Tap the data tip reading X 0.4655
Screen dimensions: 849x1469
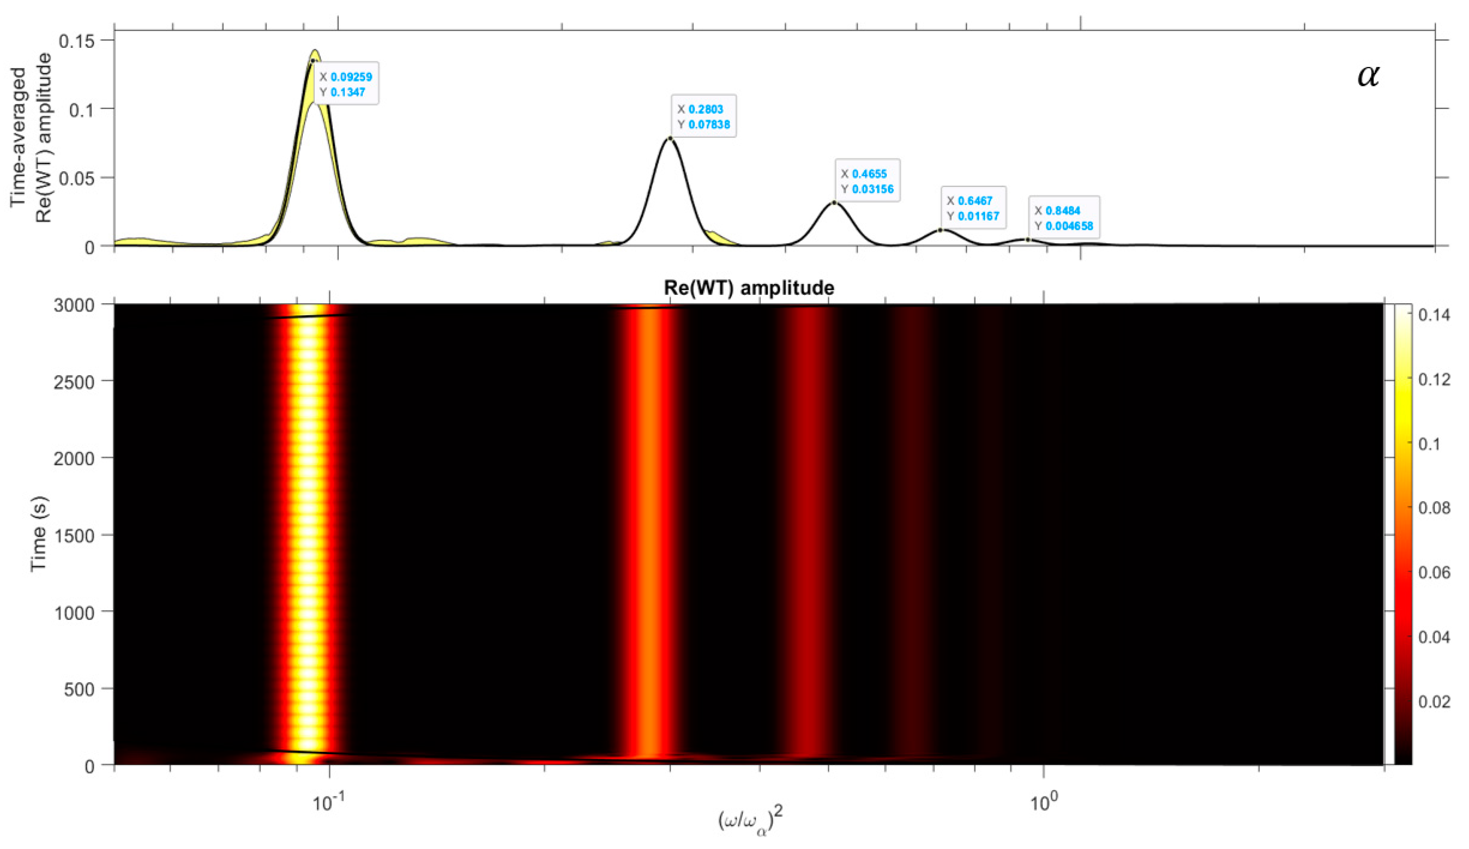(x=867, y=180)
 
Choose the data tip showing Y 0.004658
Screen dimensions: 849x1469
(x=1064, y=218)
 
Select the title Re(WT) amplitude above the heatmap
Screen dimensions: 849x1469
(x=749, y=287)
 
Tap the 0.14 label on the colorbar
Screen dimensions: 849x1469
(x=1434, y=315)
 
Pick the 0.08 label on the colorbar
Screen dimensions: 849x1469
(x=1434, y=508)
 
